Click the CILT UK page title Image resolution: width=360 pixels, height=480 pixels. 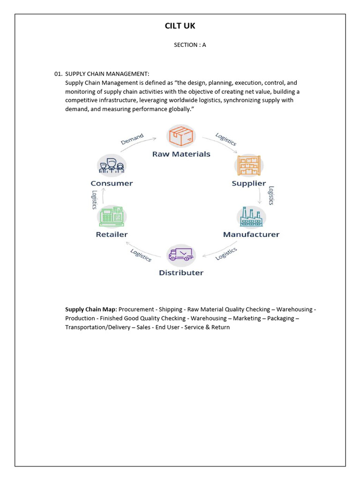click(x=180, y=26)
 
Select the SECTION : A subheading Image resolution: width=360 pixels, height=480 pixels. click(x=190, y=45)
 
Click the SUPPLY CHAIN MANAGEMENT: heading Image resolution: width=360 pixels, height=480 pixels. click(x=107, y=74)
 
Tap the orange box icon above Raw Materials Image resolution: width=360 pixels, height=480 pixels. click(x=181, y=136)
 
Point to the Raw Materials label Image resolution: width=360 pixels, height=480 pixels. click(x=181, y=154)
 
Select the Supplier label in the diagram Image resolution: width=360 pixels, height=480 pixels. click(x=249, y=183)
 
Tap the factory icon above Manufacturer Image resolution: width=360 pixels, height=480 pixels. click(x=251, y=217)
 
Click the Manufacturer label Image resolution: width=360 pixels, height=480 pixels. click(x=251, y=234)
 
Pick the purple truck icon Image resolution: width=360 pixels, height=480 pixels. click(x=181, y=255)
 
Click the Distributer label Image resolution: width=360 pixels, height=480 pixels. click(x=181, y=273)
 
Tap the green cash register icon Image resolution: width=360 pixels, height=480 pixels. click(x=112, y=216)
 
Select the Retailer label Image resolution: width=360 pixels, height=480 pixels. click(x=112, y=234)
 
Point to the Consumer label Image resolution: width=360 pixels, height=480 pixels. click(x=112, y=183)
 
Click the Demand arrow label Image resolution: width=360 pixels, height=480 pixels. click(x=132, y=139)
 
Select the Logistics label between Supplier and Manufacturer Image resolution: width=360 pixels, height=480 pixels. click(x=270, y=195)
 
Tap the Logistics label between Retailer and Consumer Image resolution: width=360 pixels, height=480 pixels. click(x=94, y=200)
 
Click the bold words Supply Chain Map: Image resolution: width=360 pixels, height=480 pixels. click(x=91, y=309)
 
